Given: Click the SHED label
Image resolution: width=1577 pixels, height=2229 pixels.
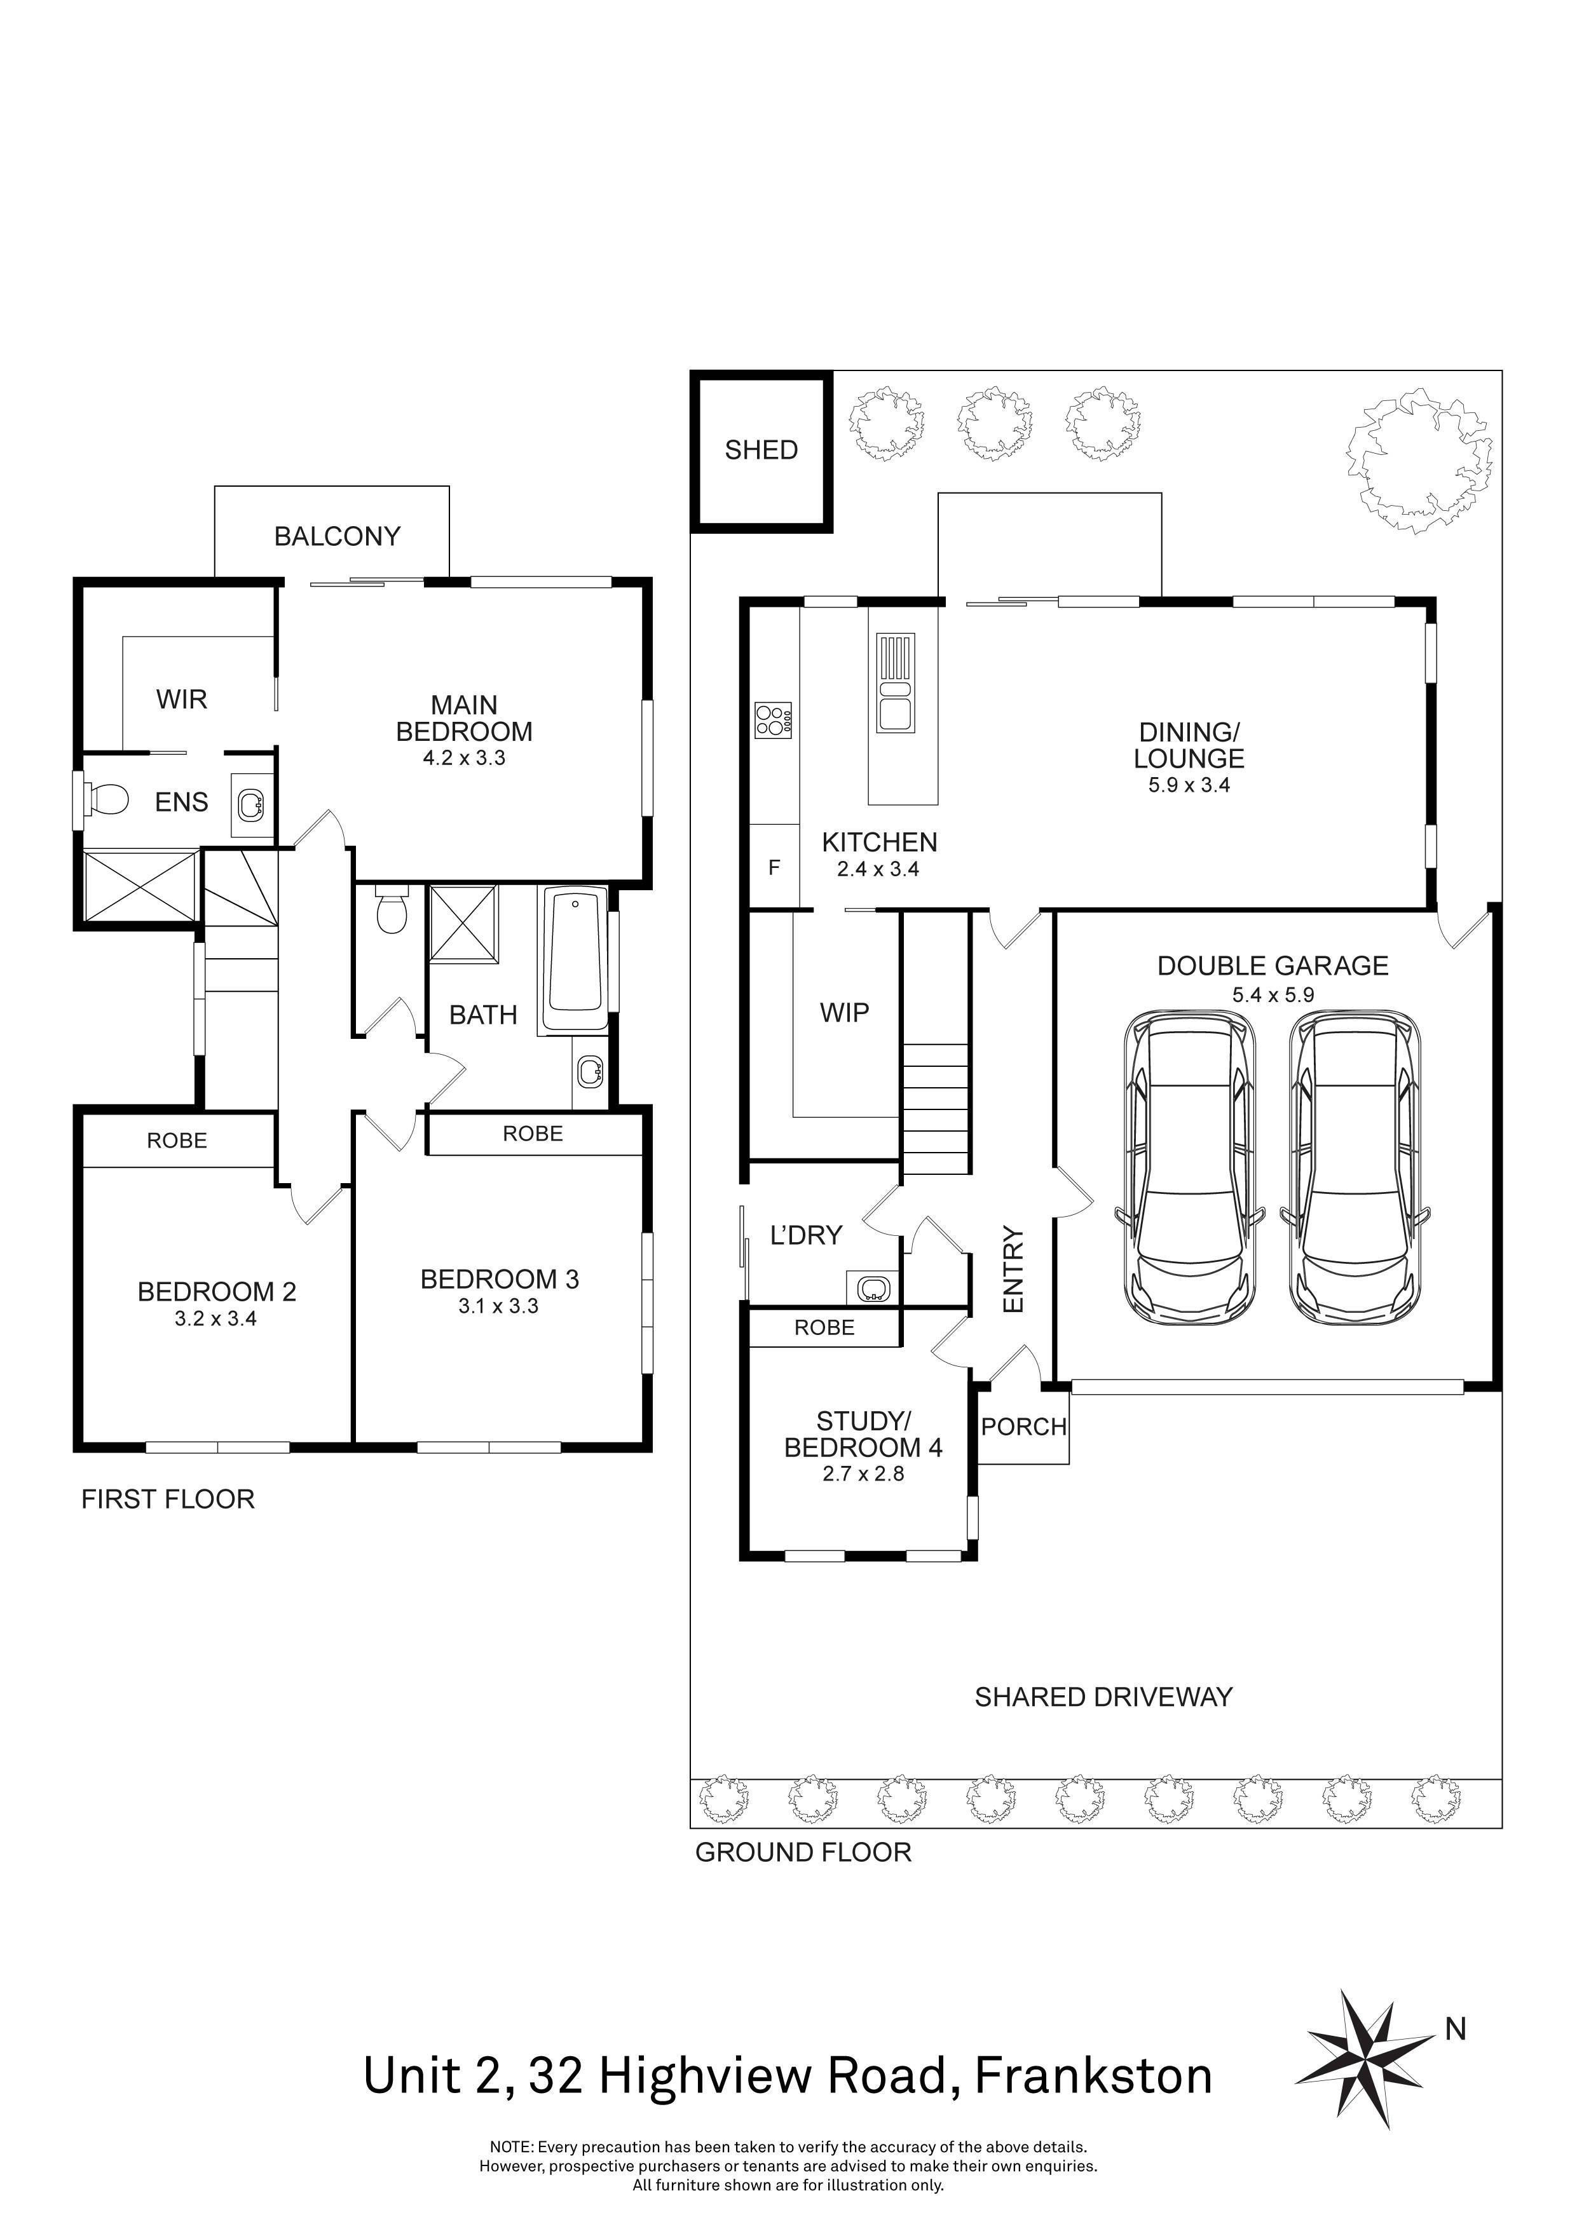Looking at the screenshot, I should [x=761, y=451].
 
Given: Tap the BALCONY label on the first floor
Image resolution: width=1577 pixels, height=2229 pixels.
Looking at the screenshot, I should [x=337, y=537].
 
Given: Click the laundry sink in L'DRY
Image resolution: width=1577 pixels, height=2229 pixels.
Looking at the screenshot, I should [x=873, y=1289].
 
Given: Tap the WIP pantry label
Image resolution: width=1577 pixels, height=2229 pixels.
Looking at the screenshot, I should [x=844, y=1013].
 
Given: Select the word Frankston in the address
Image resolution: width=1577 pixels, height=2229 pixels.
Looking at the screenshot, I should [x=1093, y=2078].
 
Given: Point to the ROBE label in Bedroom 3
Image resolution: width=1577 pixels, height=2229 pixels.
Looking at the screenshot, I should [x=532, y=1134].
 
